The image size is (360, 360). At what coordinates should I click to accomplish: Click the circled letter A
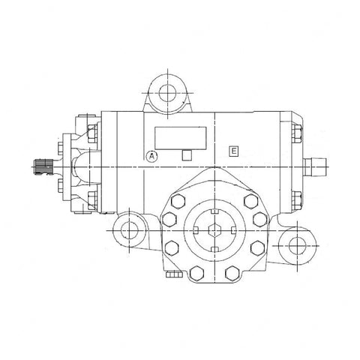coord(152,157)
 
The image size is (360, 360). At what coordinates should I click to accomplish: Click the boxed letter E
coord(235,151)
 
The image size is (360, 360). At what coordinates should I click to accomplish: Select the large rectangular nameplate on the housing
coord(181,136)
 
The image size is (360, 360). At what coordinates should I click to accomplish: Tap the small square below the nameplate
coord(187,156)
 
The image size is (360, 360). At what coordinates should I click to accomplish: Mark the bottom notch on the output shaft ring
coord(214,247)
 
